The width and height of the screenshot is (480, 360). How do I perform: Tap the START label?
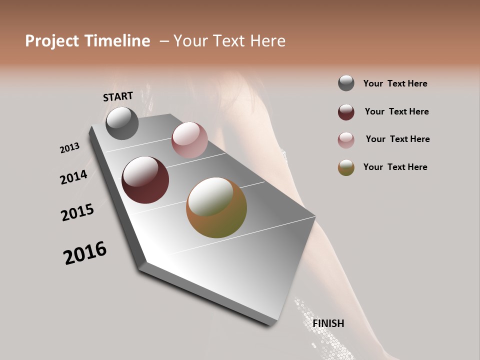point(118,96)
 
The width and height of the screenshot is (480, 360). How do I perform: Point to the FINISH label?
point(328,323)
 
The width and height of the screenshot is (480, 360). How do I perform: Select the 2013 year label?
point(70,148)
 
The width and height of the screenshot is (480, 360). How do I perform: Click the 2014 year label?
point(74,177)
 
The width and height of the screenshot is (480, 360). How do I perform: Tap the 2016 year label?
point(85,253)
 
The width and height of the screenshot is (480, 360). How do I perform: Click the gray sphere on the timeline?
point(122,123)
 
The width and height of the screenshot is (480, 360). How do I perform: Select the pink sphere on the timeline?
point(189,140)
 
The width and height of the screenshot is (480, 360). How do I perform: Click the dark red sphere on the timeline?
point(145,180)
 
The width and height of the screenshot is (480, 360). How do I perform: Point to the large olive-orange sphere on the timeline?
point(216,207)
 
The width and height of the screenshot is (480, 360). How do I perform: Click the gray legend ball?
point(346,83)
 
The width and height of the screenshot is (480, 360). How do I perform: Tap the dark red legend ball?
point(346,112)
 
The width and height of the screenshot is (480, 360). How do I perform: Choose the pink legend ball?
point(346,140)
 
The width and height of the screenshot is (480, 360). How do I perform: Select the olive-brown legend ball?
point(346,167)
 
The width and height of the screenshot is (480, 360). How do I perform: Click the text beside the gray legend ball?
point(395,83)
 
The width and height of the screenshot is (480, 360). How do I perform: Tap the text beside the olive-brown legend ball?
point(395,167)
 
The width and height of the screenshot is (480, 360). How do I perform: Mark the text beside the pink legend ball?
point(397,139)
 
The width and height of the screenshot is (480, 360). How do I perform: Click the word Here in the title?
point(268,41)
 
